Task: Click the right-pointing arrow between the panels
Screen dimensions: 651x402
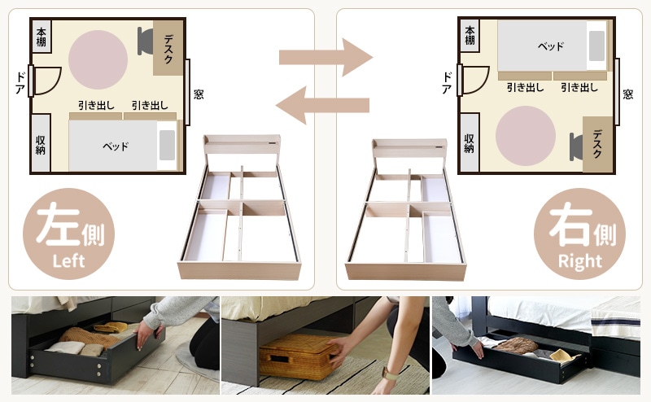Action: point(325,57)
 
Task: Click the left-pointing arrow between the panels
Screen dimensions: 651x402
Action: point(322,105)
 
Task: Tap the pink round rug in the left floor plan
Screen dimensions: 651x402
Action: point(98,59)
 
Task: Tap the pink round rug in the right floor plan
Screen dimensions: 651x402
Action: point(526,136)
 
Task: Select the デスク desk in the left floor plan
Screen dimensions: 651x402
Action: point(168,48)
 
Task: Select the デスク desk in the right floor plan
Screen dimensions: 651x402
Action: point(597,144)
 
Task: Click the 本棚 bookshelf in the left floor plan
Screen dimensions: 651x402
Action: point(42,37)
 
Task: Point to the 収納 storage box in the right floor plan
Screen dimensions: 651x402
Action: point(470,143)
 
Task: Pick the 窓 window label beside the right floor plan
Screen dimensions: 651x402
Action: point(627,94)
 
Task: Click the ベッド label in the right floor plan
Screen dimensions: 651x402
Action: point(551,46)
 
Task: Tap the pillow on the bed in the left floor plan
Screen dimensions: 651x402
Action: point(168,145)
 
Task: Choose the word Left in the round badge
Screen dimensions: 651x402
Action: point(68,260)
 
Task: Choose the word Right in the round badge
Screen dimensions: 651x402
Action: point(580,261)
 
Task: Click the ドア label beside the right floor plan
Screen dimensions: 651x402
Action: point(447,83)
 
